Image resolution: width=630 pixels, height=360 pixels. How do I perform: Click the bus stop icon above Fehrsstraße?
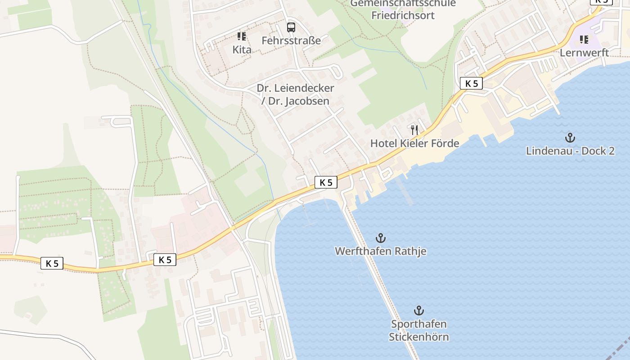point(291,27)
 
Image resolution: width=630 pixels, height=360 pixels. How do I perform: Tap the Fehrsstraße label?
point(291,40)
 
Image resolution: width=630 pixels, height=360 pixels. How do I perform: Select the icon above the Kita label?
point(242,36)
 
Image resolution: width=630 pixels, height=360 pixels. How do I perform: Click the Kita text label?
point(242,49)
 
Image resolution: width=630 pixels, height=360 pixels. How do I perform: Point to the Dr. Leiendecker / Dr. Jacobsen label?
point(296,94)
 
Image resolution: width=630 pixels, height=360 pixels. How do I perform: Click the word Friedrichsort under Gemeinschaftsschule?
point(403,15)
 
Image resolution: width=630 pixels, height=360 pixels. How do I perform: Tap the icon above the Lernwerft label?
point(584,40)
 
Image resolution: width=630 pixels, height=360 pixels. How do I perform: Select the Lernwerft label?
point(584,53)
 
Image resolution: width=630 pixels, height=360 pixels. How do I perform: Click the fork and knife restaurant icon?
point(414,130)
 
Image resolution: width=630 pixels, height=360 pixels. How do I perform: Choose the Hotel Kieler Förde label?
point(414,144)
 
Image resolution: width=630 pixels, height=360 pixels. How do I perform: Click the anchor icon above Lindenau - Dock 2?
point(570,137)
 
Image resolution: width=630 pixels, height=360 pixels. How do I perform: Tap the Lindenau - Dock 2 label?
point(570,151)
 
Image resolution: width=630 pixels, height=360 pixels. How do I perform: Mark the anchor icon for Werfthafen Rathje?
point(381,238)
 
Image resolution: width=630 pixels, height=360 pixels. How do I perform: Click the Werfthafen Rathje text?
point(381,251)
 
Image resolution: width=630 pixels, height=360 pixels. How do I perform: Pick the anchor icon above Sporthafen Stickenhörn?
point(419,310)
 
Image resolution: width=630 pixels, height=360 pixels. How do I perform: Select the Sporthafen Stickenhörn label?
point(419,330)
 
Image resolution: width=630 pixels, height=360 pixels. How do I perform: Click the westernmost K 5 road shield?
point(52,263)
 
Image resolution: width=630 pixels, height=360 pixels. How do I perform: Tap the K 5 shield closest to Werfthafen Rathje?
point(326,182)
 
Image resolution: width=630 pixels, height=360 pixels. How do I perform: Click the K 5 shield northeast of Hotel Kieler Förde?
point(471,83)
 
